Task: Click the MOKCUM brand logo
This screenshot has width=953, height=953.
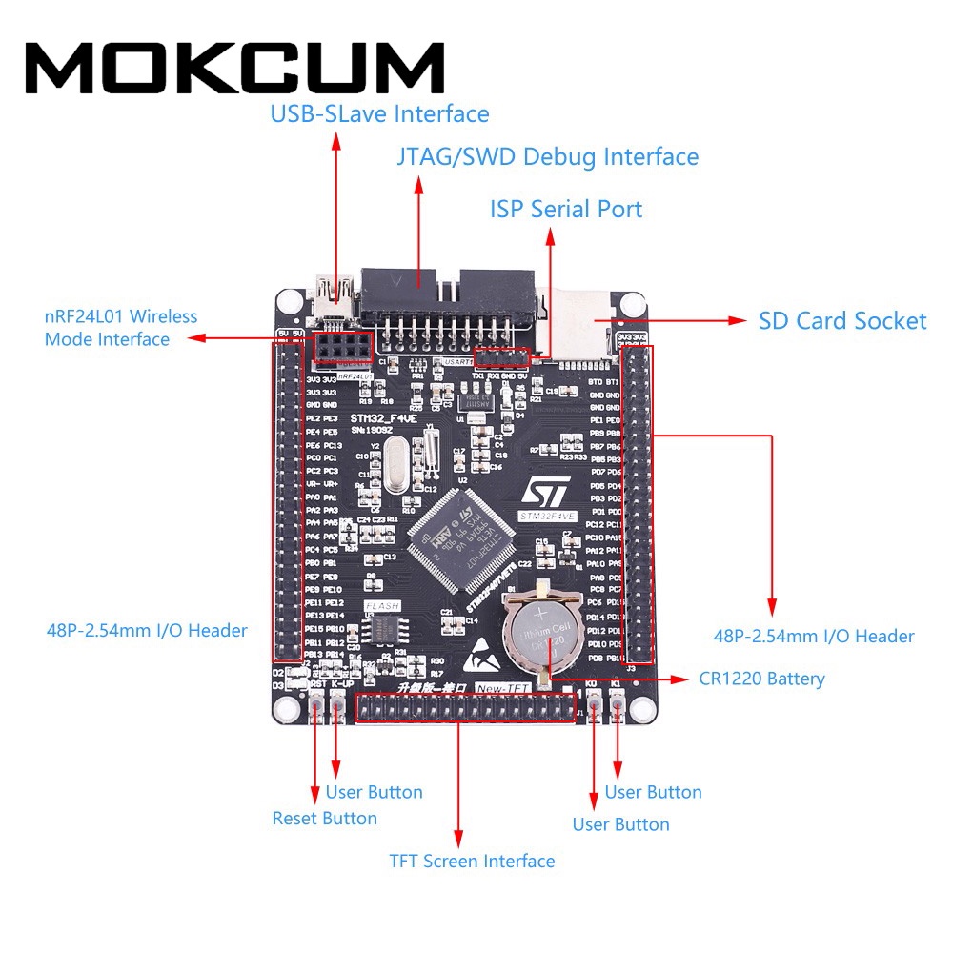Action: click(234, 68)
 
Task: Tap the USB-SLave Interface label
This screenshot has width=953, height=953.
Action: click(379, 114)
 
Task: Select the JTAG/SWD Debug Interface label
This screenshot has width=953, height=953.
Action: click(547, 156)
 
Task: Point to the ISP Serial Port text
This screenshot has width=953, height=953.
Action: click(566, 209)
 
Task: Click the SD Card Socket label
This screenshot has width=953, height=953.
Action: click(841, 320)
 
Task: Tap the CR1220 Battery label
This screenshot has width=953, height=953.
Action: click(761, 679)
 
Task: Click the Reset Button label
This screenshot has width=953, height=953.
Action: click(324, 818)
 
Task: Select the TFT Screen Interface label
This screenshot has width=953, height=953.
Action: click(472, 861)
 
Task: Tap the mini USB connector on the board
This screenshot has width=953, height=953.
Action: click(335, 290)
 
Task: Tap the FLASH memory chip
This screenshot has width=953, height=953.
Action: click(384, 627)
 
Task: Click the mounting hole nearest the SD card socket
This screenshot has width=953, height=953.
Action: click(628, 305)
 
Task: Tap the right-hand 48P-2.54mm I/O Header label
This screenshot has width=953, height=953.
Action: click(814, 636)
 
